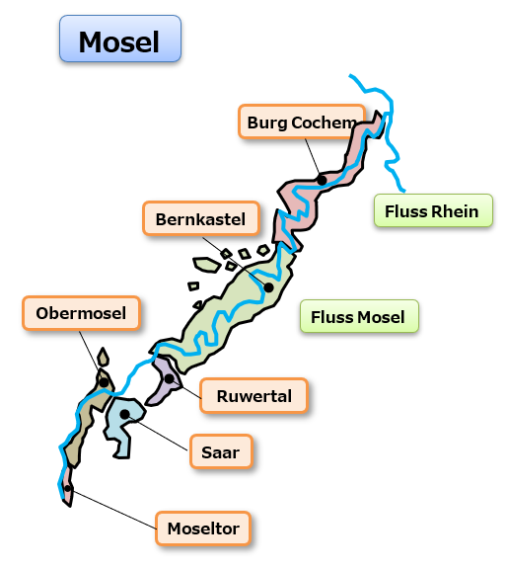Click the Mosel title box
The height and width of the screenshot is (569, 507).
click(120, 39)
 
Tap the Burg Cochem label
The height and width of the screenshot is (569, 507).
click(301, 122)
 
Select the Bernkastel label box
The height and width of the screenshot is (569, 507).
click(201, 218)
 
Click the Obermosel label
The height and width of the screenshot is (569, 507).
click(81, 313)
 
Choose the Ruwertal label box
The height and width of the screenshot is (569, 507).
click(254, 395)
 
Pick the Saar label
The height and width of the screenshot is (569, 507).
click(221, 451)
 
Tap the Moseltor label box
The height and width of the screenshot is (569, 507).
click(203, 528)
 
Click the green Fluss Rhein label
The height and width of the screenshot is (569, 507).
click(433, 210)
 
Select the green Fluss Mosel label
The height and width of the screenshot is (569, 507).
click(359, 316)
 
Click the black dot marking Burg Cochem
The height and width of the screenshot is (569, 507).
click(322, 179)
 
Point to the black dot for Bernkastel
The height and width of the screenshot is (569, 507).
click(268, 287)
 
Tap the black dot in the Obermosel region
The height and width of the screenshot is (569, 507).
click(104, 382)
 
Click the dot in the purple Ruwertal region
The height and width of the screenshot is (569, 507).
click(170, 379)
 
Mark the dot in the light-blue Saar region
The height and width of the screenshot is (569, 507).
click(124, 414)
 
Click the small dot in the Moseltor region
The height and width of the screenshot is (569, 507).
click(68, 488)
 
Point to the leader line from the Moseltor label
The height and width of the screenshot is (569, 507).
click(113, 509)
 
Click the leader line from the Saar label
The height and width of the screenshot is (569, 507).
click(158, 433)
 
